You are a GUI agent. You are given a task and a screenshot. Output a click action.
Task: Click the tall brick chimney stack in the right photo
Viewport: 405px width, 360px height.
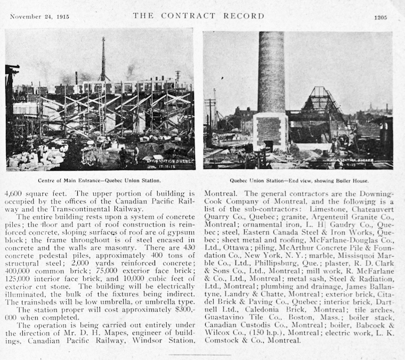271,75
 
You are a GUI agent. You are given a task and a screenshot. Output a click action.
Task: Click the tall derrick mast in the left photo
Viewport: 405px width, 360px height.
103,59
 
